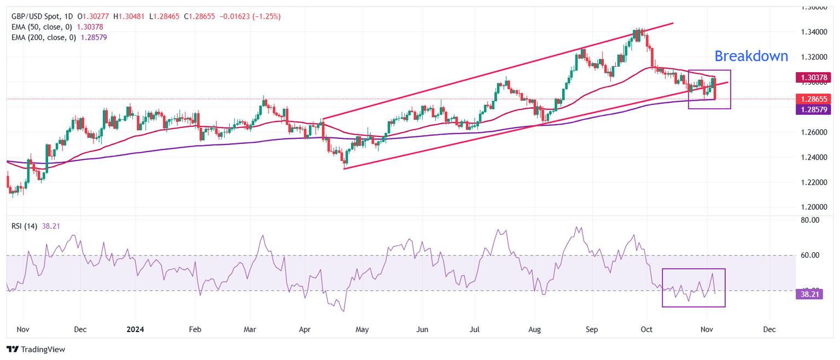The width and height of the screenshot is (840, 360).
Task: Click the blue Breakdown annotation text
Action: (x=751, y=56)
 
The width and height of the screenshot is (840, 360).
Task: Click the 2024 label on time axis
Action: (x=135, y=330)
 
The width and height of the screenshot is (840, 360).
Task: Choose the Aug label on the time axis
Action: (x=534, y=330)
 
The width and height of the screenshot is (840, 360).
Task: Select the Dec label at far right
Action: (x=769, y=330)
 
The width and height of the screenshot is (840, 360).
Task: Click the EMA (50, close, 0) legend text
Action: (x=44, y=26)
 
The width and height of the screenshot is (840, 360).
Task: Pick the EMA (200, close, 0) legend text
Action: (x=45, y=37)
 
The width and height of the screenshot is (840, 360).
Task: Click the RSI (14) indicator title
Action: (x=25, y=226)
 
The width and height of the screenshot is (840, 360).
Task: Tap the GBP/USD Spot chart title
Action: (x=37, y=16)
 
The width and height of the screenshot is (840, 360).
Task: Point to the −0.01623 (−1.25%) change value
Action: (x=250, y=16)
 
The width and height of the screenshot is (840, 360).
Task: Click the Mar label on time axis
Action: (x=250, y=330)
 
